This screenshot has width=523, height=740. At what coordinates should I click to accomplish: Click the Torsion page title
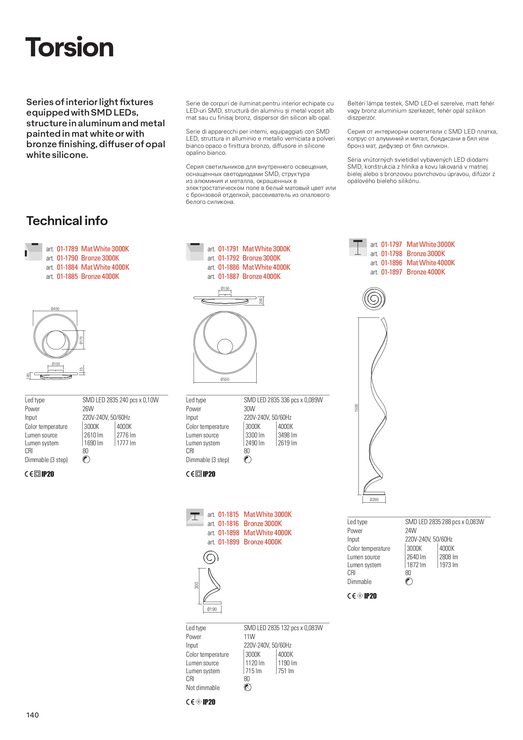pyautogui.click(x=69, y=47)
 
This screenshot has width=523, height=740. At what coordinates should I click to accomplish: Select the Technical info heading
pyautogui.click(x=67, y=221)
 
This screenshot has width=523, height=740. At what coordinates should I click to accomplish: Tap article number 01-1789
pyautogui.click(x=67, y=249)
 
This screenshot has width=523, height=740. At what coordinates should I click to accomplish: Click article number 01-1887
pyautogui.click(x=228, y=277)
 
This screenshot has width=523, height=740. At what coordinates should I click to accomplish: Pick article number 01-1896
pyautogui.click(x=391, y=263)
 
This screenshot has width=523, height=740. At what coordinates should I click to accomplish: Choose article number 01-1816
pyautogui.click(x=228, y=524)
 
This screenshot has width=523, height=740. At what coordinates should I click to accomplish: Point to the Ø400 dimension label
pyautogui.click(x=55, y=309)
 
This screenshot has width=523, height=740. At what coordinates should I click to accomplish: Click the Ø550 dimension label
pyautogui.click(x=225, y=379)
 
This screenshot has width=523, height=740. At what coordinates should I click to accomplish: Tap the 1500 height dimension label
pyautogui.click(x=356, y=408)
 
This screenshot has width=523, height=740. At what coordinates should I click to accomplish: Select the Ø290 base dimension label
pyautogui.click(x=374, y=499)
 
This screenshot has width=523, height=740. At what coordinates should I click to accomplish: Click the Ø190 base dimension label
pyautogui.click(x=212, y=609)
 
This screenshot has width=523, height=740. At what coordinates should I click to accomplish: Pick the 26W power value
pyautogui.click(x=88, y=409)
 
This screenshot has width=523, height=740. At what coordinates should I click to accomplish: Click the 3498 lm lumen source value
pyautogui.click(x=287, y=435)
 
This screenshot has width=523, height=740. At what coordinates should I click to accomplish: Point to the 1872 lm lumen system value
pyautogui.click(x=416, y=565)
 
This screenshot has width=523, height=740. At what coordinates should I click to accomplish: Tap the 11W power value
pyautogui.click(x=249, y=637)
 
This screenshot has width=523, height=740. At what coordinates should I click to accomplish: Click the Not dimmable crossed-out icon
pyautogui.click(x=247, y=687)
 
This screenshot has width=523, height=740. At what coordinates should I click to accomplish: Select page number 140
pyautogui.click(x=33, y=715)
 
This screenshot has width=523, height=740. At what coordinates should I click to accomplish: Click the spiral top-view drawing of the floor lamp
pyautogui.click(x=374, y=298)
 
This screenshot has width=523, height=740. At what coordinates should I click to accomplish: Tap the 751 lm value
pyautogui.click(x=286, y=671)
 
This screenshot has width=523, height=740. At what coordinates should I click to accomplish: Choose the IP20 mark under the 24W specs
pyautogui.click(x=370, y=596)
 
